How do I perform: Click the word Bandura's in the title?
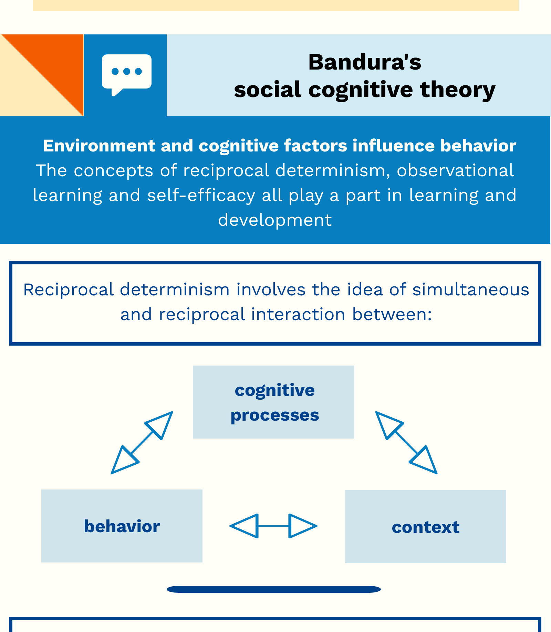pyautogui.click(x=365, y=62)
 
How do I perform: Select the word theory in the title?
pyautogui.click(x=458, y=90)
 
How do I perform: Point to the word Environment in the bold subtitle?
pyautogui.click(x=99, y=146)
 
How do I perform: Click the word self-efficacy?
pyautogui.click(x=201, y=195)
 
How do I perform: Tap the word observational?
pyautogui.click(x=455, y=170)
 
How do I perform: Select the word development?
pyautogui.click(x=275, y=220)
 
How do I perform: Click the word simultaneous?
pyautogui.click(x=471, y=289)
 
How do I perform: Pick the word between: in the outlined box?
pyautogui.click(x=392, y=314)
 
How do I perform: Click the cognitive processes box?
pyautogui.click(x=273, y=402)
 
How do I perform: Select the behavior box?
pyautogui.click(x=122, y=526)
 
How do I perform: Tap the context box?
pyautogui.click(x=425, y=526)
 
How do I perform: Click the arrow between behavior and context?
pyautogui.click(x=273, y=526)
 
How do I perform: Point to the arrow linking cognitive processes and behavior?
pyautogui.click(x=142, y=443)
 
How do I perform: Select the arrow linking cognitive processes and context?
pyautogui.click(x=406, y=443)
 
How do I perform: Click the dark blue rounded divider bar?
pyautogui.click(x=273, y=589)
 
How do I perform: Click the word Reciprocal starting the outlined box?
pyautogui.click(x=68, y=289)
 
